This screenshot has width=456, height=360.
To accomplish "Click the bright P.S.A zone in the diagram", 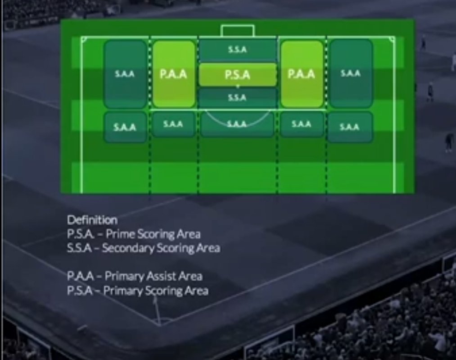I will [x=237, y=75].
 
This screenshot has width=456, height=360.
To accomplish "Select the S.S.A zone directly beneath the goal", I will [x=237, y=50].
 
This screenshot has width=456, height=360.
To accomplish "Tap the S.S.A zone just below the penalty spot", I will [x=237, y=97].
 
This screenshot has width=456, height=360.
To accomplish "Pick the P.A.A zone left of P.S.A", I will [x=174, y=74].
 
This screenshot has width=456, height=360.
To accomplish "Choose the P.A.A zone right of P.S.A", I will [x=302, y=74].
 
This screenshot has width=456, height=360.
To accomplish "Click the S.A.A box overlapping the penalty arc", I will [x=237, y=124].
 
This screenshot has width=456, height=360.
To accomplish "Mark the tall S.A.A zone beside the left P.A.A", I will [x=125, y=74].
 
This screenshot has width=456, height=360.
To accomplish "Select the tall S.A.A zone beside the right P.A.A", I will [x=350, y=73].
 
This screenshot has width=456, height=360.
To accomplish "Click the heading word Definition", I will [x=92, y=220].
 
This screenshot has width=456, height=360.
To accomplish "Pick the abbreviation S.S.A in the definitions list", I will [x=80, y=248].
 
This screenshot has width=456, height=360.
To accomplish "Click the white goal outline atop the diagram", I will [x=237, y=31].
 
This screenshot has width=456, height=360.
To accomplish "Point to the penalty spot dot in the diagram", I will [x=238, y=86].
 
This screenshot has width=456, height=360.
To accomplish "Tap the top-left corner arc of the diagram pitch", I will [x=84, y=40].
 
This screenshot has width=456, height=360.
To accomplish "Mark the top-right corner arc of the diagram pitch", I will [x=392, y=40].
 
